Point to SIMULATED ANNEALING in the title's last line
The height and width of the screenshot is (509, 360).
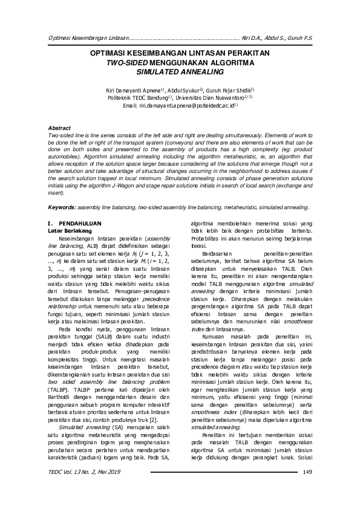(x=180, y=71)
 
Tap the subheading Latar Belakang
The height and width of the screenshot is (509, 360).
(x=69, y=231)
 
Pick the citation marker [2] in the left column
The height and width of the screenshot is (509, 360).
(x=154, y=402)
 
